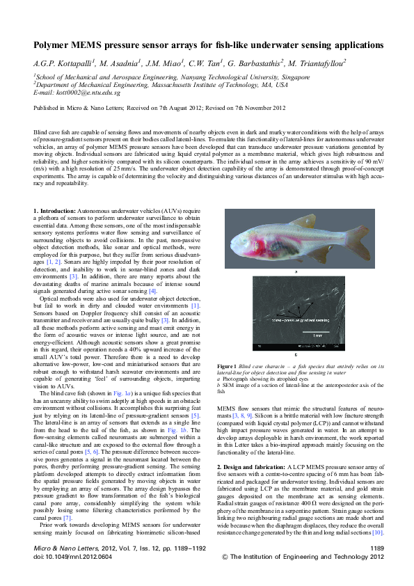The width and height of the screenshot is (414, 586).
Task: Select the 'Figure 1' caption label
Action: point(227,365)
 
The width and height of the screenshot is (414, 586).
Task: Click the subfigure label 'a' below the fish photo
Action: point(297,272)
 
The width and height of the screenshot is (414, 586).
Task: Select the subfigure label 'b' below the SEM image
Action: point(297,356)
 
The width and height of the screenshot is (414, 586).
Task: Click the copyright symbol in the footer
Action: point(224,576)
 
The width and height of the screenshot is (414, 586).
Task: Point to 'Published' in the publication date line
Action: point(47,108)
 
